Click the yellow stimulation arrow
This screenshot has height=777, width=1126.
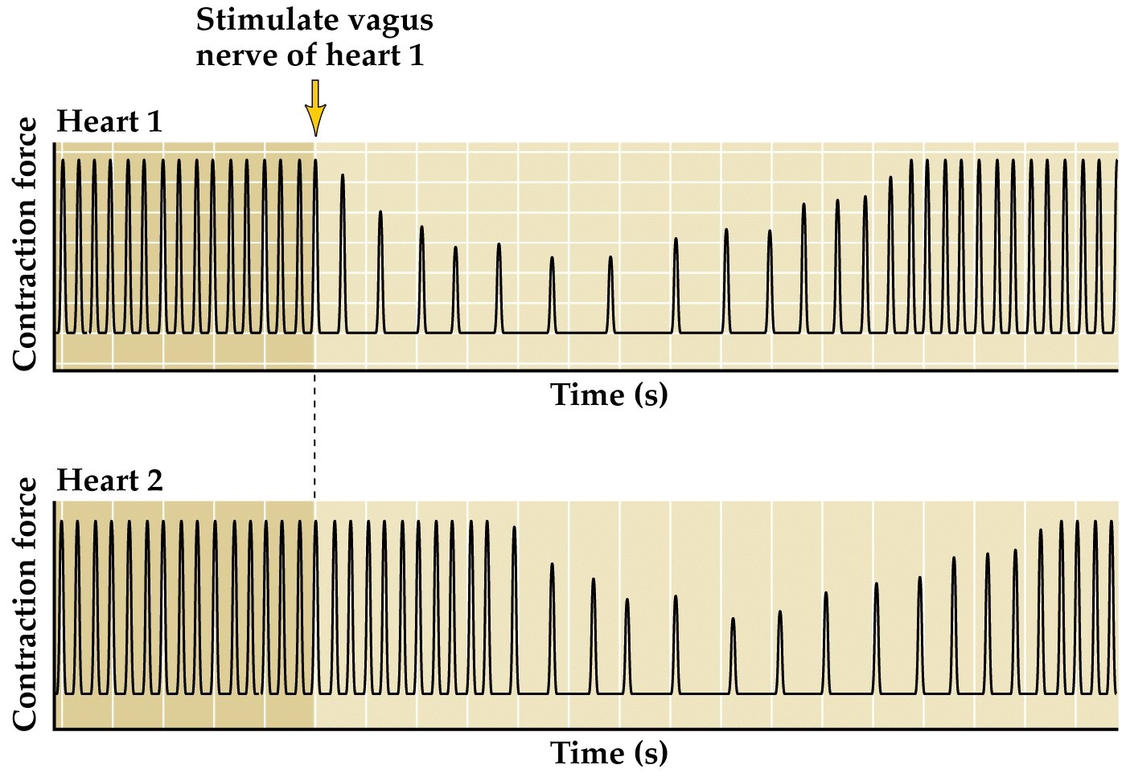point(315,108)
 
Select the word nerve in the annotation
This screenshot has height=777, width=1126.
point(234,56)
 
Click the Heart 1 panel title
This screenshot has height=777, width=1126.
point(109,122)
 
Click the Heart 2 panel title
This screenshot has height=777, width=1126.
point(109,481)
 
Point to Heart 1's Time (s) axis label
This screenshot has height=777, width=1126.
point(609,395)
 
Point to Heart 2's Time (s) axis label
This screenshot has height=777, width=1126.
point(609,753)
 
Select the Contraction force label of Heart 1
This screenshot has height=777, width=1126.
point(26,244)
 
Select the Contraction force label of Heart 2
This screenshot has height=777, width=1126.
point(26,604)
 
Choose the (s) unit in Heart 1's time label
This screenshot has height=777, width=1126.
point(651,395)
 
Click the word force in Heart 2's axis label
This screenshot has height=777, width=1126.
point(26,513)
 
